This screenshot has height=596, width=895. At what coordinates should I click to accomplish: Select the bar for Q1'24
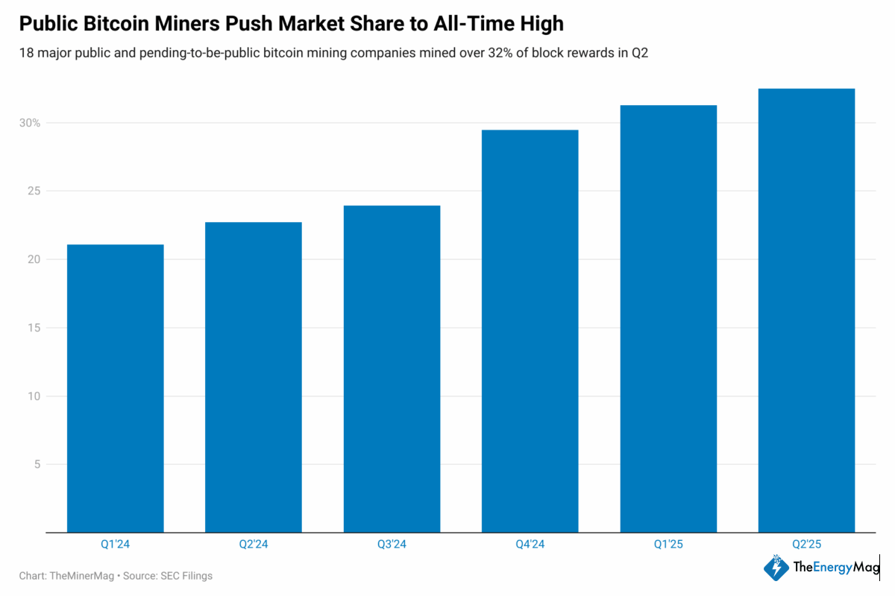tap(116, 388)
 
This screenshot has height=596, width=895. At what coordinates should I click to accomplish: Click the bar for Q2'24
tap(254, 377)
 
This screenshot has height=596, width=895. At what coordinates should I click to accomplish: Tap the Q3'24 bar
tap(392, 369)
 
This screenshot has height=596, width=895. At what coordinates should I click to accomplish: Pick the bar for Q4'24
tap(530, 331)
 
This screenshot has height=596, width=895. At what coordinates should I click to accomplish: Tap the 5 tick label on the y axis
tap(36, 465)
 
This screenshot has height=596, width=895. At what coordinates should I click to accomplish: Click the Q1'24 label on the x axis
tap(116, 545)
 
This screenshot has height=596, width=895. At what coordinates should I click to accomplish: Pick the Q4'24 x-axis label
tap(530, 545)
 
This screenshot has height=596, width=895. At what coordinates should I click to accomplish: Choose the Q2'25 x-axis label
tap(806, 545)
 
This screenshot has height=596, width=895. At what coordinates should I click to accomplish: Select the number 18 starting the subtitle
tap(26, 54)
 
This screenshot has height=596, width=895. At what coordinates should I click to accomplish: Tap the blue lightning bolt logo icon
tap(776, 568)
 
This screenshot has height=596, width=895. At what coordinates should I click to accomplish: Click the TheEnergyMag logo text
tap(836, 568)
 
